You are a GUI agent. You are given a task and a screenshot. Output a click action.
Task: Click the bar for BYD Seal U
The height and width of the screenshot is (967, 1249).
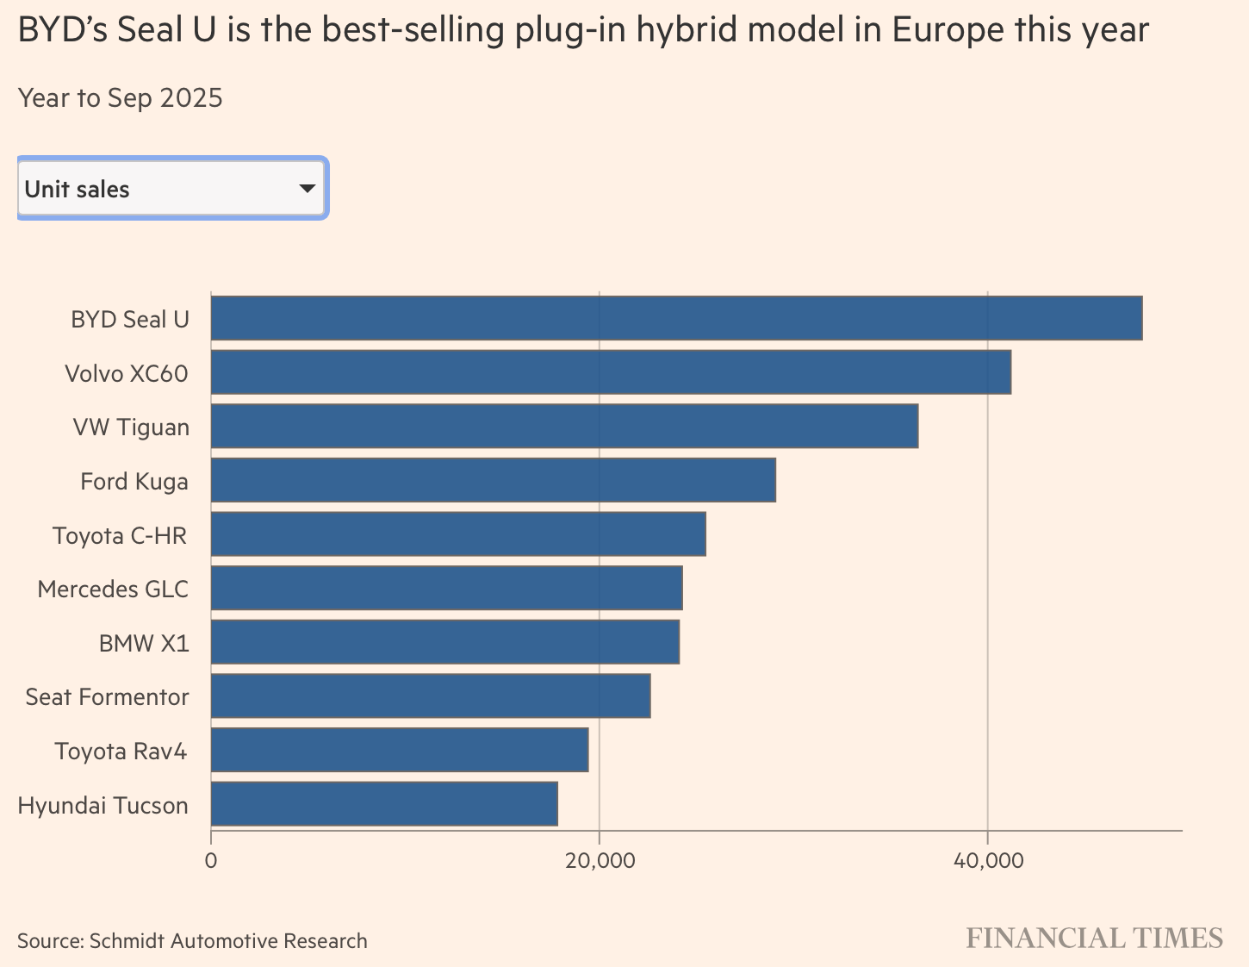[x=676, y=318]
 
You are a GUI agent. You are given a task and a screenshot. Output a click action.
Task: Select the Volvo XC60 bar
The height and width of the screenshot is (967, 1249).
[x=611, y=372]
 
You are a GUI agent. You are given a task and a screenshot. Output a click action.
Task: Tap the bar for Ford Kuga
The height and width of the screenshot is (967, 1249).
[x=493, y=480]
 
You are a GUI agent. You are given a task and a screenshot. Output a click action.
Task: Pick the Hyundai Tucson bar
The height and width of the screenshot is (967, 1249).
[x=384, y=804]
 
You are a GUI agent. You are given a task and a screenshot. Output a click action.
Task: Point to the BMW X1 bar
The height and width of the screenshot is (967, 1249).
[x=444, y=642]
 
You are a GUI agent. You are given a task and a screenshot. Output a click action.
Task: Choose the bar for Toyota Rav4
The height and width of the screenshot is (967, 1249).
[x=400, y=750]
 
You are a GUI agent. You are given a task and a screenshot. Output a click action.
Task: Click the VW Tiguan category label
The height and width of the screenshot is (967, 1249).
[x=131, y=427]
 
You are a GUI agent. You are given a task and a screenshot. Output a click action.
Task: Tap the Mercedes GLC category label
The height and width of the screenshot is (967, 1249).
[x=113, y=590]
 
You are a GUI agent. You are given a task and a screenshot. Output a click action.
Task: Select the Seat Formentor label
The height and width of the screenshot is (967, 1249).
[x=107, y=696]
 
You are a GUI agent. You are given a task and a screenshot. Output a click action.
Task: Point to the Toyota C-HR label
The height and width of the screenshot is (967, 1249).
[x=120, y=535]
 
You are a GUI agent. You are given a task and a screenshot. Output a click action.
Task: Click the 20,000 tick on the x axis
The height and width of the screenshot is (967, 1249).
[x=599, y=860]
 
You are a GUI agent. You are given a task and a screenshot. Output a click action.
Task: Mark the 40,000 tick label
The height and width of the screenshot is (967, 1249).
[x=987, y=860]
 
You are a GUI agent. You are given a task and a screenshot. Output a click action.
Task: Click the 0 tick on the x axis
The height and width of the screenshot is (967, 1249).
[x=211, y=860]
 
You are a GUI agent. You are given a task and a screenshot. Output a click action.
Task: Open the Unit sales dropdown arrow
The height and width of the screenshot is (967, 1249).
[x=307, y=188]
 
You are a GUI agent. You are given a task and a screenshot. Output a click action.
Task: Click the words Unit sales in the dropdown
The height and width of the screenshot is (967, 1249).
[x=78, y=190]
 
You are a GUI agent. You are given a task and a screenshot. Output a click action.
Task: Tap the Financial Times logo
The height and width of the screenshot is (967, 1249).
[x=1094, y=939]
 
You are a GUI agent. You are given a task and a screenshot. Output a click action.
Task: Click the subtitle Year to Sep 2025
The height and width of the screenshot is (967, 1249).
[x=121, y=98]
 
